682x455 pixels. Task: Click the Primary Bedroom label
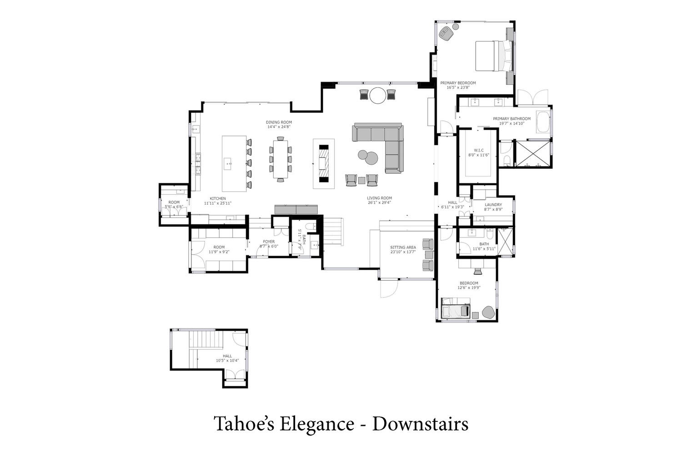458,83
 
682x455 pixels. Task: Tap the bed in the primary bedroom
494,56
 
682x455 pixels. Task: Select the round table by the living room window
378,96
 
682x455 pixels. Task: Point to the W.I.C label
479,150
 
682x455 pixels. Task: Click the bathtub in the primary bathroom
543,122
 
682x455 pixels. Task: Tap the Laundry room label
493,205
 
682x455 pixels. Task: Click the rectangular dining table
281,159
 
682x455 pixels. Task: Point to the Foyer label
269,242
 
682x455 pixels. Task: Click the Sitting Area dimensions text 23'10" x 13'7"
403,252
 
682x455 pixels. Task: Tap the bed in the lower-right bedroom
456,309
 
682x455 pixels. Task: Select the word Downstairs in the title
420,424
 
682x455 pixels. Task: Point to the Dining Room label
279,122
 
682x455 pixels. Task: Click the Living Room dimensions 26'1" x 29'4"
379,202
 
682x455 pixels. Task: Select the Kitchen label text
218,198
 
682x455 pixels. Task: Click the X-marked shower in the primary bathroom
532,154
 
